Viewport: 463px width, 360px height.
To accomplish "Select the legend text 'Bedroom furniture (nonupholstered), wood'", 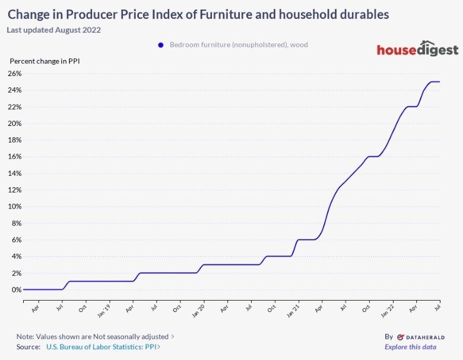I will point(239,45).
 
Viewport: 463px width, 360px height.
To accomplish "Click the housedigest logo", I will point(417,49).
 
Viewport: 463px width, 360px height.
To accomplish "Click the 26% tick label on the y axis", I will point(14,74).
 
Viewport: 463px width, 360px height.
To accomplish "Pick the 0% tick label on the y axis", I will point(16,290).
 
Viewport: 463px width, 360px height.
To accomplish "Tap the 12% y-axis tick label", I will point(14,190).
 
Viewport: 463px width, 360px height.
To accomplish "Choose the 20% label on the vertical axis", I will point(14,124).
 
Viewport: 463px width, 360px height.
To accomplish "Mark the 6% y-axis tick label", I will point(16,240).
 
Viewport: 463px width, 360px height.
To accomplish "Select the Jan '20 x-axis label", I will point(198,310).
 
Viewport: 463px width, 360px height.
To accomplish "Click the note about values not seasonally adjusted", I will point(95,336).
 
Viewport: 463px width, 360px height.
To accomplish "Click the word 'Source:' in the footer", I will point(28,347).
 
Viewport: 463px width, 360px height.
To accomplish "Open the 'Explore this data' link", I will point(410,347).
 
